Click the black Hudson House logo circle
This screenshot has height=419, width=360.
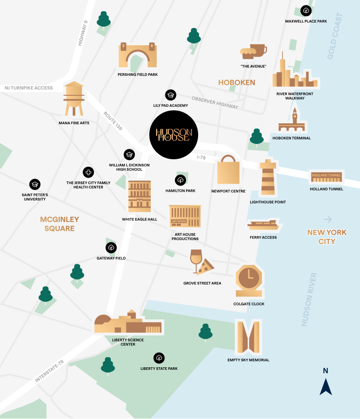tap(173, 135)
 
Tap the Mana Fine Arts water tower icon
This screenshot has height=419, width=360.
tap(74, 99)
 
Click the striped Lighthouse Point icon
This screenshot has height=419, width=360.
tap(267, 177)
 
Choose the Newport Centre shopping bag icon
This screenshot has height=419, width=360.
tap(228, 170)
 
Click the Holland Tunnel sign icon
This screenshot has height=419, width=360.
tap(326, 176)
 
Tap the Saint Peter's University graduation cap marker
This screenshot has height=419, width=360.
tap(35, 184)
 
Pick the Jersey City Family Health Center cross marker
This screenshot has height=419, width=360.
tap(88, 172)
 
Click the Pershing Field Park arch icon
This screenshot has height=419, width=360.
tap(137, 55)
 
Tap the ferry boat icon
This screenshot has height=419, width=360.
tap(263, 225)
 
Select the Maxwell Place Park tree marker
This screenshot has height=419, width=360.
tap(306, 11)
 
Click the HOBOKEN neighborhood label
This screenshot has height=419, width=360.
tap(236, 82)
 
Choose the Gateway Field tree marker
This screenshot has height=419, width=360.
tap(111, 248)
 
